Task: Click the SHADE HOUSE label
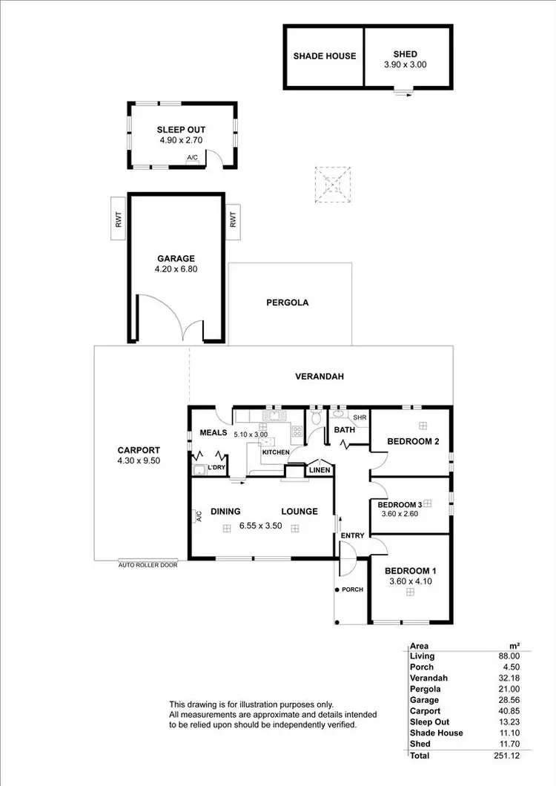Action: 325,56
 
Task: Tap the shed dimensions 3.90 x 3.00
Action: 406,65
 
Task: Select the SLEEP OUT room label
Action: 181,129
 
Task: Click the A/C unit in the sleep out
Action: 193,158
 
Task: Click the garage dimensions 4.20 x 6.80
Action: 176,269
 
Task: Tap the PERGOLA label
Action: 287,303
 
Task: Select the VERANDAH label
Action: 320,377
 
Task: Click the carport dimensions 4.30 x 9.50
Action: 139,460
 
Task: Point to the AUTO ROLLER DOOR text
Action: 148,564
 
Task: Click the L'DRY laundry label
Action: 216,467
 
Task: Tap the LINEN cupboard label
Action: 320,470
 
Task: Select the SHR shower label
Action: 360,417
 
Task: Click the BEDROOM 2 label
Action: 413,441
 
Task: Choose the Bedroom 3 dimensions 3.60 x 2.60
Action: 400,513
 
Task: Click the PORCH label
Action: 352,589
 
